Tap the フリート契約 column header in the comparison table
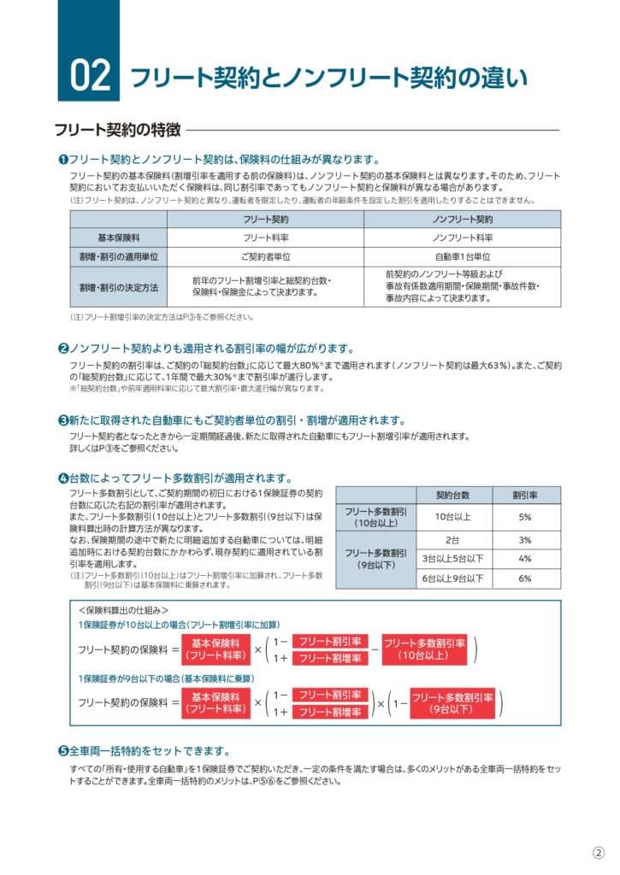265,220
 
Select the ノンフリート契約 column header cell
462,220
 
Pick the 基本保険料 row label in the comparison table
119,238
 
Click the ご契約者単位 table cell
265,256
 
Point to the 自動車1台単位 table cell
462,256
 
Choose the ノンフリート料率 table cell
462,238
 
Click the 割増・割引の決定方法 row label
119,286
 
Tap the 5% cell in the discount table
524,517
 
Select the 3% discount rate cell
524,540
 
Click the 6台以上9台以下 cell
453,578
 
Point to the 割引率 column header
524,496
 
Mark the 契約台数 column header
453,496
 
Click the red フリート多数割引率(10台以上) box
424,649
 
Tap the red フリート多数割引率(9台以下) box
452,703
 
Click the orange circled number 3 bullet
63,420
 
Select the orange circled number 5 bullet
63,751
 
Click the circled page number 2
599,853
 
